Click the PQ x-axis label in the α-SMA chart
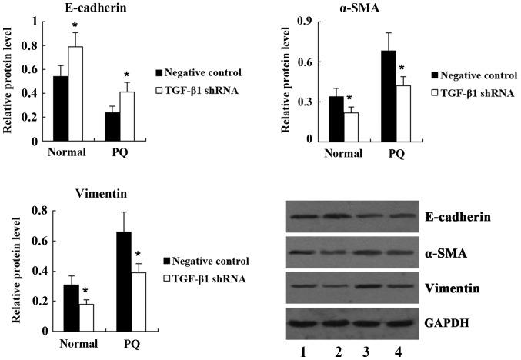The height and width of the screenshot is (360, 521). click(395, 153)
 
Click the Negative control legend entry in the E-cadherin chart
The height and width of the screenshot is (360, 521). click(202, 72)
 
